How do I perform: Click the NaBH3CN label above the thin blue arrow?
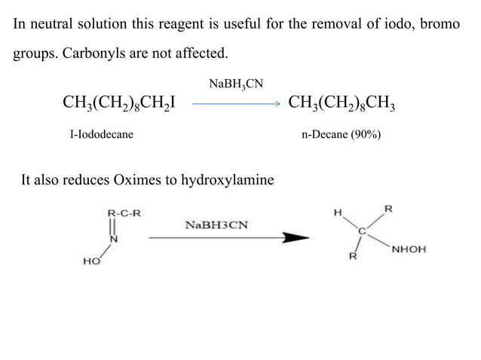[x=236, y=83]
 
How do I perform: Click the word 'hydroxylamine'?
[x=228, y=180]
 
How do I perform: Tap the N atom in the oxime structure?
[x=115, y=239]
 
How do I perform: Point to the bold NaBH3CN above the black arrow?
[x=216, y=224]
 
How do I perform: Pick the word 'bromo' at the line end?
[x=440, y=24]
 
